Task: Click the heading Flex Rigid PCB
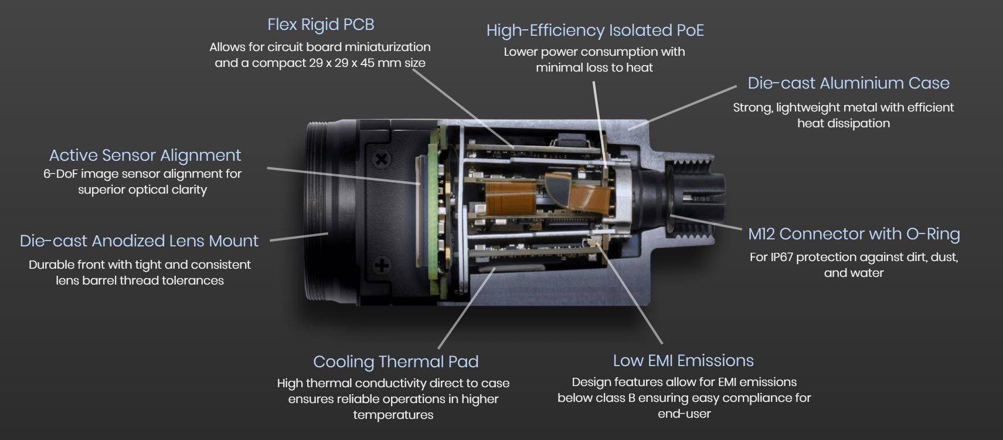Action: [x=321, y=25]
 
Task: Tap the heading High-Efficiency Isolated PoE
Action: [x=595, y=31]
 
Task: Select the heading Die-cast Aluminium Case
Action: [x=848, y=83]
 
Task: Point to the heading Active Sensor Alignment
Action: [x=145, y=155]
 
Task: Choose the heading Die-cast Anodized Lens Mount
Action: [x=140, y=241]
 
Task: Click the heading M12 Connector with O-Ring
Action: [x=854, y=234]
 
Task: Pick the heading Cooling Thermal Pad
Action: [x=396, y=362]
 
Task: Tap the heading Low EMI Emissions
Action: [x=684, y=361]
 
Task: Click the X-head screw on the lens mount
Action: [x=382, y=159]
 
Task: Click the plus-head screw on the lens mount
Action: [x=382, y=265]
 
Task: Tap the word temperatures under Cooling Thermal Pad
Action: [x=393, y=415]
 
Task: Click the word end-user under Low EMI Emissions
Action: [x=684, y=414]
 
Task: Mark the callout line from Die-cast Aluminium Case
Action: [x=682, y=108]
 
